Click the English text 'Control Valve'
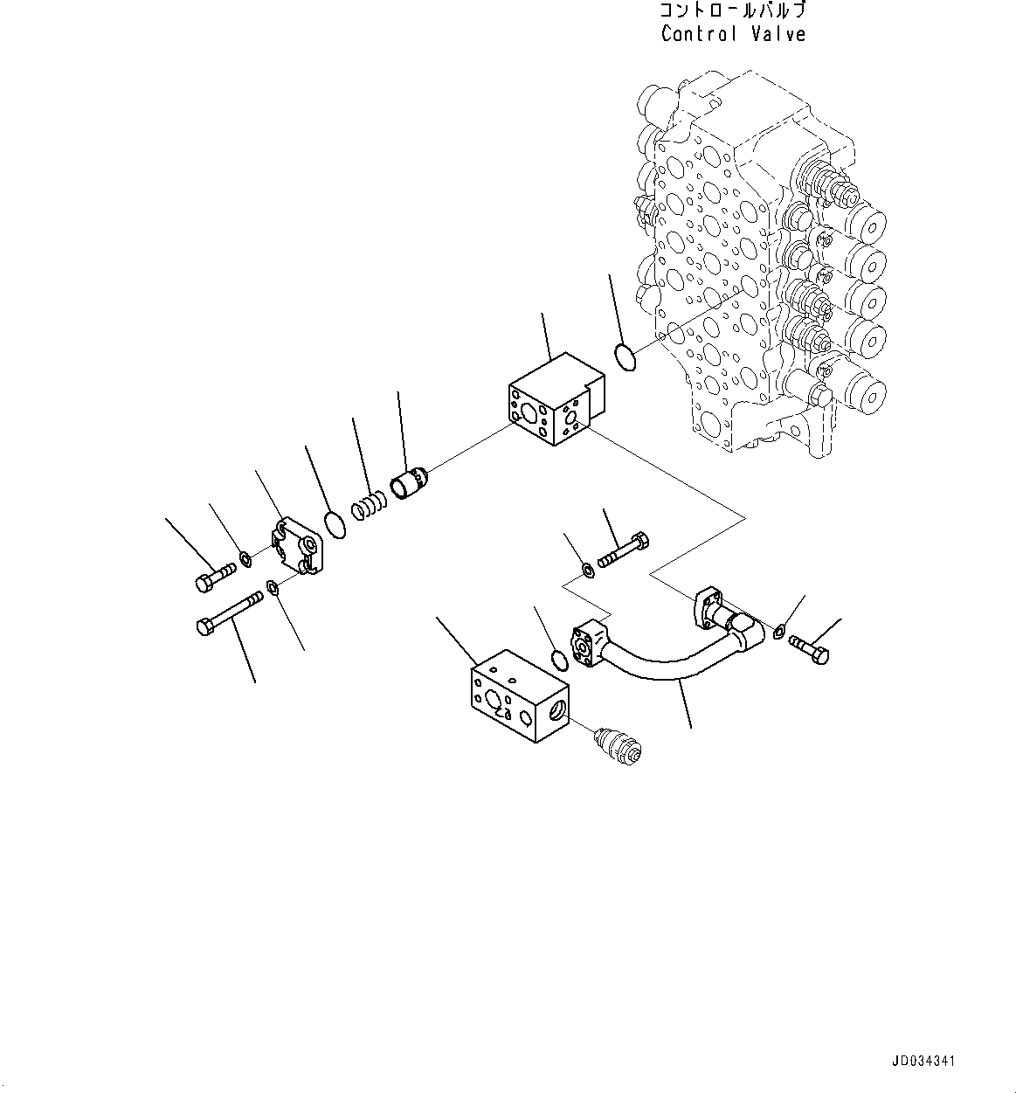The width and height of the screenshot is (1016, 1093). [x=732, y=34]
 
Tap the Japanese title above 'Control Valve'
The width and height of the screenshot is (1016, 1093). [x=732, y=11]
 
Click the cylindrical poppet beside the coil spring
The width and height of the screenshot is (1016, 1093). [x=411, y=484]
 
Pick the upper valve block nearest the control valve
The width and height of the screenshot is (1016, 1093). [x=554, y=398]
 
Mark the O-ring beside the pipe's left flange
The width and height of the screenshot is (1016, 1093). [x=558, y=659]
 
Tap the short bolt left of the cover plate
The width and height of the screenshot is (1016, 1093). [x=211, y=578]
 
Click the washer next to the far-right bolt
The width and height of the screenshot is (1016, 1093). [x=780, y=626]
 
